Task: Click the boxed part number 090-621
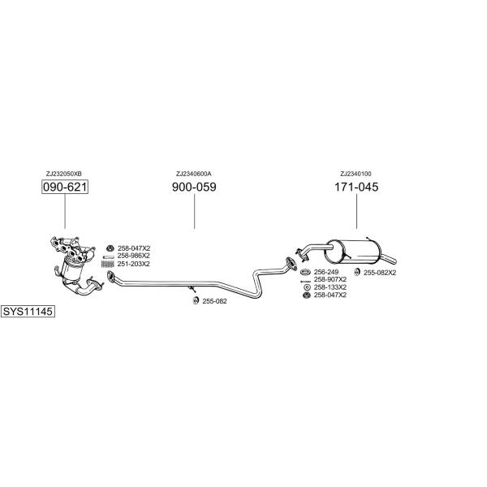coord(65,187)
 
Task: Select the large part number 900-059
coord(194,187)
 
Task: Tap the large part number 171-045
coord(356,187)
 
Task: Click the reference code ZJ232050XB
coord(64,174)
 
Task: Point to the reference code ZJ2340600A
coord(194,174)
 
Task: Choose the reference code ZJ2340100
coord(356,174)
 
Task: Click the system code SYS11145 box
coord(28,311)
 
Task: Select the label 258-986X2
coord(134,256)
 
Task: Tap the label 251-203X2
coord(134,264)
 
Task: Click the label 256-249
coord(326,272)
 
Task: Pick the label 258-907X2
coord(330,279)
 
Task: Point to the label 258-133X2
coord(330,287)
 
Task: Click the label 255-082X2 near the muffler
coord(380,273)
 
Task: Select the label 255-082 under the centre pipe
coord(214,301)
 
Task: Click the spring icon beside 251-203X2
coord(108,264)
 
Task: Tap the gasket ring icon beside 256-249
coord(306,272)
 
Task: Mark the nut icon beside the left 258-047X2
coord(110,248)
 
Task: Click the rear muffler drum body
coord(352,252)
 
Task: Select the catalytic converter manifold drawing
coord(76,265)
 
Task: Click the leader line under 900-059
coord(195,212)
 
